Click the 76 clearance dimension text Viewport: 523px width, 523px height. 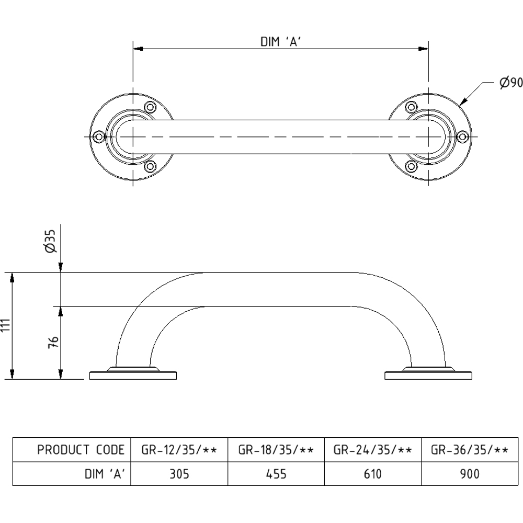(52, 342)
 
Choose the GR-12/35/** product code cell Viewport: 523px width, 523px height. (179, 450)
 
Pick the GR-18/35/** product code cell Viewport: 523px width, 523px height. (276, 450)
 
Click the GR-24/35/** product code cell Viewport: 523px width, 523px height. (372, 450)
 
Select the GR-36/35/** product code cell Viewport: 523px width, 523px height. (469, 450)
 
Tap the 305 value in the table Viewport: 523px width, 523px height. (179, 474)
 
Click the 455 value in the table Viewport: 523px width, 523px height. (276, 474)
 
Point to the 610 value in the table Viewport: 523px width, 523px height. (372, 474)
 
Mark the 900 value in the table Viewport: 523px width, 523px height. (469, 474)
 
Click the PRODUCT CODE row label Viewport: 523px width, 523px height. (81, 450)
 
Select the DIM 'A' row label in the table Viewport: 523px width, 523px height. (105, 474)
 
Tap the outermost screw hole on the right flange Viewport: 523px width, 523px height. (462, 137)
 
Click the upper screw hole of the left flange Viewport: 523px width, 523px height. (151, 108)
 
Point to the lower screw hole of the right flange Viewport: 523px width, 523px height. (411, 166)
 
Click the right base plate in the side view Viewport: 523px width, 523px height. (428, 375)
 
